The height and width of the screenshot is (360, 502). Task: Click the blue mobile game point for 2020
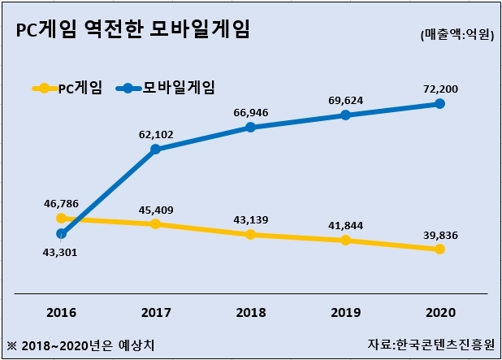440,103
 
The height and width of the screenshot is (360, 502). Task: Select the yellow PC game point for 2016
61,218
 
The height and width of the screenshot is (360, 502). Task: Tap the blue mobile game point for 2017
156,149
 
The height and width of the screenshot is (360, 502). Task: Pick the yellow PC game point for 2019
345,241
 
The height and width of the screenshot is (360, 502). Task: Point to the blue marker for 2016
61,234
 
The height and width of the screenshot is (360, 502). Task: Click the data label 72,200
440,89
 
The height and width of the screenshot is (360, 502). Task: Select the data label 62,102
156,135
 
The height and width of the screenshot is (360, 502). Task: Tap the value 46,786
61,204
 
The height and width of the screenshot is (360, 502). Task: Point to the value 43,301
60,253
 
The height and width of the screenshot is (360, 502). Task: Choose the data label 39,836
440,236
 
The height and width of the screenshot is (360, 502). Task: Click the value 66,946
251,113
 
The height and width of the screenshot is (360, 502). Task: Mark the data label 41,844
346,226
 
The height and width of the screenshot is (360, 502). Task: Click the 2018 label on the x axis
251,313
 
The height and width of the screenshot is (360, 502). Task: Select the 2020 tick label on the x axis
440,313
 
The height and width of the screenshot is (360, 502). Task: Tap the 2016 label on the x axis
62,313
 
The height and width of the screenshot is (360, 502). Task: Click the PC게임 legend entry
67,88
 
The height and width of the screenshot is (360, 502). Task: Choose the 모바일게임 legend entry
165,88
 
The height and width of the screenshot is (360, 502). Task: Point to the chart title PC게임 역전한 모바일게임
132,29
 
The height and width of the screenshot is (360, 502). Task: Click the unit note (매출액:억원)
457,35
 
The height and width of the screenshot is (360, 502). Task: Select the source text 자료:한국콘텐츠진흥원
431,345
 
